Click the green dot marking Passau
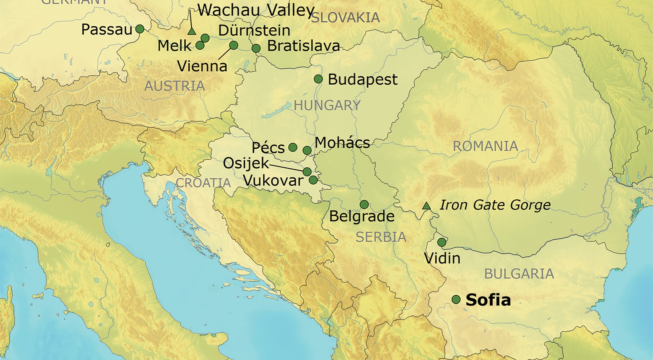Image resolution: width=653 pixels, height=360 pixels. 140,29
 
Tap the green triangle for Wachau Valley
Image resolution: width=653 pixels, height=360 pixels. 191,31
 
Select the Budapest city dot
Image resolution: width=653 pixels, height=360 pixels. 318,79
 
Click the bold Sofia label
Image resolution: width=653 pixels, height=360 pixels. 488,300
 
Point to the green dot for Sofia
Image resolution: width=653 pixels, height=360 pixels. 456,299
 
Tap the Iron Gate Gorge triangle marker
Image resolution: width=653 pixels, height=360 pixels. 426,206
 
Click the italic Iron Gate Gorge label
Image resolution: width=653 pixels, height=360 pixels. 495,205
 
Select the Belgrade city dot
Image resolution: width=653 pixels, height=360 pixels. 364,204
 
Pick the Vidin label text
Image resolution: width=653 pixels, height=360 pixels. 442,258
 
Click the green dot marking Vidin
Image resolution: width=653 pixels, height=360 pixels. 442,242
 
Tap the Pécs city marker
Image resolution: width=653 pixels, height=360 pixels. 293,147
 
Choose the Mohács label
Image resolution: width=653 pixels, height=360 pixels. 342,143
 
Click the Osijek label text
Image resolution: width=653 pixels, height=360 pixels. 246,163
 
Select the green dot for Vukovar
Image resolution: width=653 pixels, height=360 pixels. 313,180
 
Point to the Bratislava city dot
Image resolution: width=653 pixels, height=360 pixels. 256,48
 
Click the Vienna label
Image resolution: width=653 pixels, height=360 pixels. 202,66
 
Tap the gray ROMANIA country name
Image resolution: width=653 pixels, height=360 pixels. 485,146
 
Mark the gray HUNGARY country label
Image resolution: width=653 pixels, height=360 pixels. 327,105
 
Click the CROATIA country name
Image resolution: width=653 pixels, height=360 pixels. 203,183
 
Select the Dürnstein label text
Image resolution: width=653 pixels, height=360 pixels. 254,30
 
